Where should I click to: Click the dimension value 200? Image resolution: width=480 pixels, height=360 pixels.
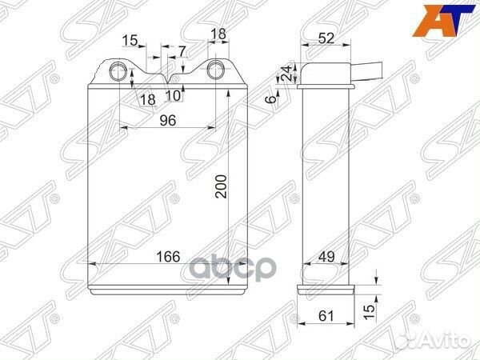[221, 186]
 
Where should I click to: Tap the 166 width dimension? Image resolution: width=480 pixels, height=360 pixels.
[168, 257]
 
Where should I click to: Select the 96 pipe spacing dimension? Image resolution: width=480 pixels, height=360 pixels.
[168, 120]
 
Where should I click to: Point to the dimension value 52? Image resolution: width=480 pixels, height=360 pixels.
[326, 38]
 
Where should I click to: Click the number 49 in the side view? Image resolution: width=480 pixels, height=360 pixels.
[326, 257]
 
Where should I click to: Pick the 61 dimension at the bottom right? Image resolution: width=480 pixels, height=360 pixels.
[326, 316]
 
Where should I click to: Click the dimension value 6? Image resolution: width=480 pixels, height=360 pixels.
[271, 99]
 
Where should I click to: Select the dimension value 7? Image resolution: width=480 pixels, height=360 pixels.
[182, 51]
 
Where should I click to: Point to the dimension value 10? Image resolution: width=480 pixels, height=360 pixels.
[174, 96]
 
